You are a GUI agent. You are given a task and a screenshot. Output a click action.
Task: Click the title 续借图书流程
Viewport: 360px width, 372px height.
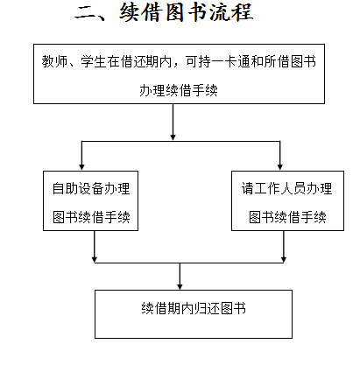pos(186,12)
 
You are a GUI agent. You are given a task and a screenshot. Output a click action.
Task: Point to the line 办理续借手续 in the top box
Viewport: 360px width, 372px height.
pos(179,90)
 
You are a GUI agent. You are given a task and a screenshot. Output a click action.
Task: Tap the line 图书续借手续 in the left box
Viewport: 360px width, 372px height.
pos(91,217)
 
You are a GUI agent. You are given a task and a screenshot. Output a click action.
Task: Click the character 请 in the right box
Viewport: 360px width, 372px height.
pos(248,188)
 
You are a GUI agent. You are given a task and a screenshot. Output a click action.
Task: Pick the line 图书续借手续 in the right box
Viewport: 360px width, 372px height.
pos(287,217)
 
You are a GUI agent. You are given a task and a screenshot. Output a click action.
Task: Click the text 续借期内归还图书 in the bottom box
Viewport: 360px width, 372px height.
pos(194,308)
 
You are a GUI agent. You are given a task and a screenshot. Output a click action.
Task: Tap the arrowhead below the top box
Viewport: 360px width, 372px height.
pos(173,137)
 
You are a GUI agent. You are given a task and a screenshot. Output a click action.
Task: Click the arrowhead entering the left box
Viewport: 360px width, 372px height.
pos(81,166)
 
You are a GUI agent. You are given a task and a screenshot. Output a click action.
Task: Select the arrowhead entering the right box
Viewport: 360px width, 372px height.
pos(280,166)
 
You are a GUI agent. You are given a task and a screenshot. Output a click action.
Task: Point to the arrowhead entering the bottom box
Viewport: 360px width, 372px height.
pos(180,286)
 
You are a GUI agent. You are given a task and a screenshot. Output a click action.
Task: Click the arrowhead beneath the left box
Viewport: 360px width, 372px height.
pos(95,259)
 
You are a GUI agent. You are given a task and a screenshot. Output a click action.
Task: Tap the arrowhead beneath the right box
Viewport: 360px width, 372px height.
pos(284,259)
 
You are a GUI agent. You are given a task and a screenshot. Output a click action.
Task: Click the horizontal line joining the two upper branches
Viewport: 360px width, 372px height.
pos(180,141)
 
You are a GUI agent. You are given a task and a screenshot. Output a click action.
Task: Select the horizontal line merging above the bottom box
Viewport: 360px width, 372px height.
pos(189,263)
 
